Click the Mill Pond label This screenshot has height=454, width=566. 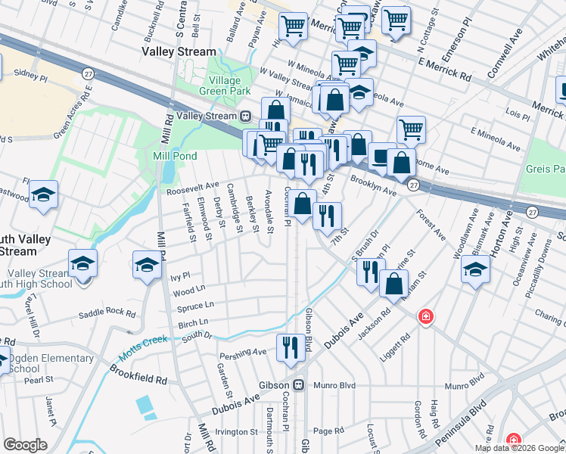pos(175,156)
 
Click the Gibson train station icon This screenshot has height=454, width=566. pos(300,384)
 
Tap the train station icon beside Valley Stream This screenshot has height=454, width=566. pos(245,117)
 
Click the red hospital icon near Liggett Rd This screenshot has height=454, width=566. pos(427,316)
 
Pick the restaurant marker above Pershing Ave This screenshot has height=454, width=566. pos(291,348)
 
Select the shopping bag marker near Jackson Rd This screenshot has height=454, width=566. pos(393,284)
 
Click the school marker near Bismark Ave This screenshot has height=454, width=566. pos(475,269)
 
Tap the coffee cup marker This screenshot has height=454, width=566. pos(382,156)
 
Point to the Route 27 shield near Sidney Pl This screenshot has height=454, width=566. pos(89,73)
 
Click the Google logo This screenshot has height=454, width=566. pos(25,445)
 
